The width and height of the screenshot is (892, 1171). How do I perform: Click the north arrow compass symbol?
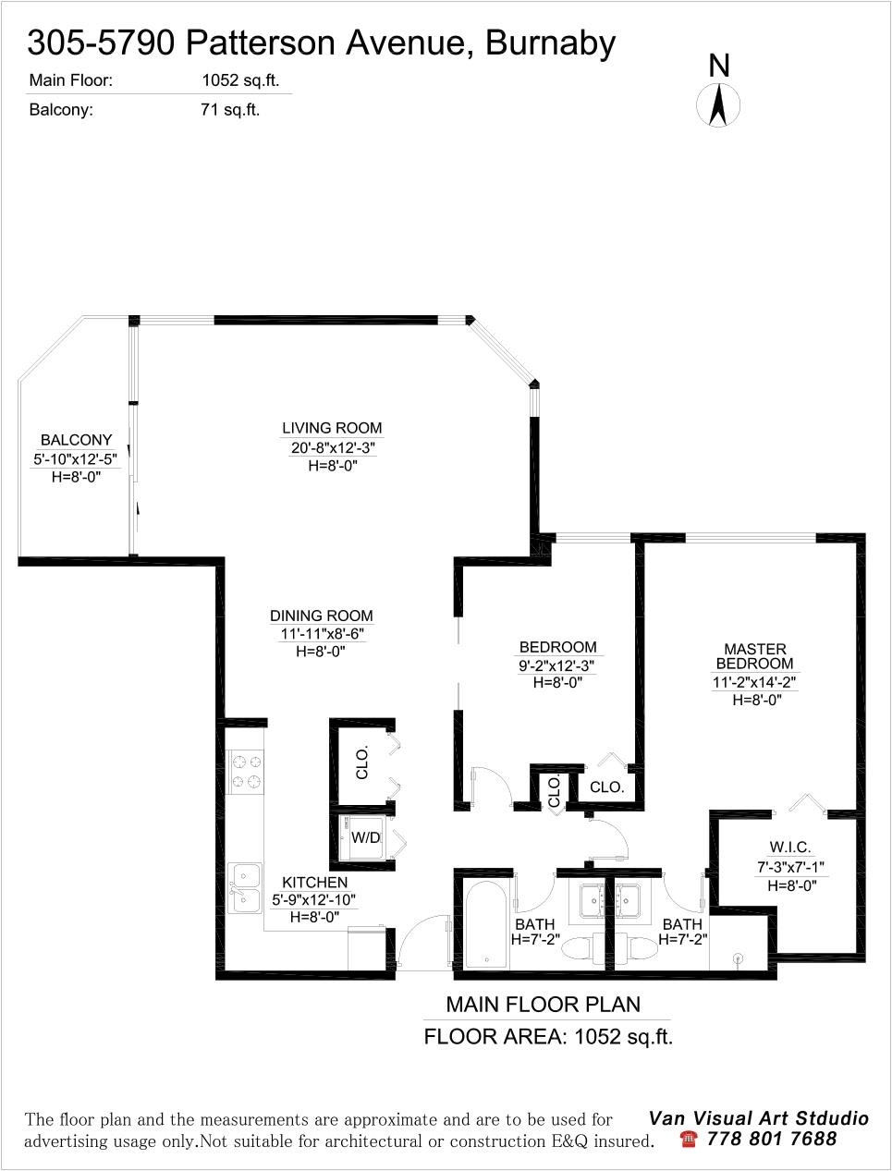(718, 104)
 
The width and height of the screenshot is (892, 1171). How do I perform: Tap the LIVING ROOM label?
(332, 428)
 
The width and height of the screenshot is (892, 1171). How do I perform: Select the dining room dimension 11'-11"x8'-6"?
(323, 634)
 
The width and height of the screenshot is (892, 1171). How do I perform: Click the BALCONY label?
(77, 440)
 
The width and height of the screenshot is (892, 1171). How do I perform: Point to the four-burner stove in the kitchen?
(247, 772)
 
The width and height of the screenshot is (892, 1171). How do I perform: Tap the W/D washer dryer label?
(365, 837)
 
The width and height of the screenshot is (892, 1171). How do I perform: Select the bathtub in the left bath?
(487, 924)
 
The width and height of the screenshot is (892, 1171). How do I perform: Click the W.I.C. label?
(790, 847)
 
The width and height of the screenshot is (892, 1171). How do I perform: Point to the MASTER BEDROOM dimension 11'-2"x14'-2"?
(754, 682)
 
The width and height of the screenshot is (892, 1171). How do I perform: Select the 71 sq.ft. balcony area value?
(230, 110)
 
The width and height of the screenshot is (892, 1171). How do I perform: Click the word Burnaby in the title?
(550, 44)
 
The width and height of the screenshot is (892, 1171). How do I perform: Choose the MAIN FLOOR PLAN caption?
(544, 1005)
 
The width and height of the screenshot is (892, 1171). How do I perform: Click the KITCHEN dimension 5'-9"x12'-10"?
(313, 900)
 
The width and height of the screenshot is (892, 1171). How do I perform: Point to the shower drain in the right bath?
(739, 958)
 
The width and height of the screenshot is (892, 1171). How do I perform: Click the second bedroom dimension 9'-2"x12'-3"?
(557, 665)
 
